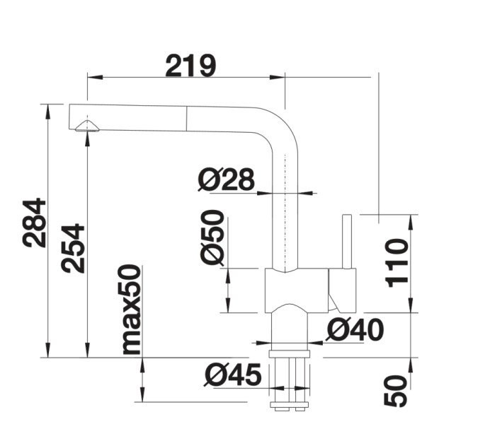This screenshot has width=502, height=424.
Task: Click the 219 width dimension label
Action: tap(190, 66)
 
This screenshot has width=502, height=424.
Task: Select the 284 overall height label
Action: tap(35, 223)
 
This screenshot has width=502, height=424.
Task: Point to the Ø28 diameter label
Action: tap(226, 181)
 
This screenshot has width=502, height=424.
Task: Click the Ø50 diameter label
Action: tap(212, 237)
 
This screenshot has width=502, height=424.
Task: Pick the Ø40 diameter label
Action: tap(355, 329)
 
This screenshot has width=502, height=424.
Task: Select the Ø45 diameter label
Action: tap(232, 375)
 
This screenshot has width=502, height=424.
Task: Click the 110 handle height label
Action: tap(397, 262)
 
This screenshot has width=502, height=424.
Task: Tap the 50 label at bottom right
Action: tap(397, 391)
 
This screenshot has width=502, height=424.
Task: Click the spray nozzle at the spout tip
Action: tap(87, 126)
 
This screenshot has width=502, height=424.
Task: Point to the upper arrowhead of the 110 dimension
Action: tap(411, 220)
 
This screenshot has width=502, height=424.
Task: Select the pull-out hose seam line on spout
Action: tap(187, 118)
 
